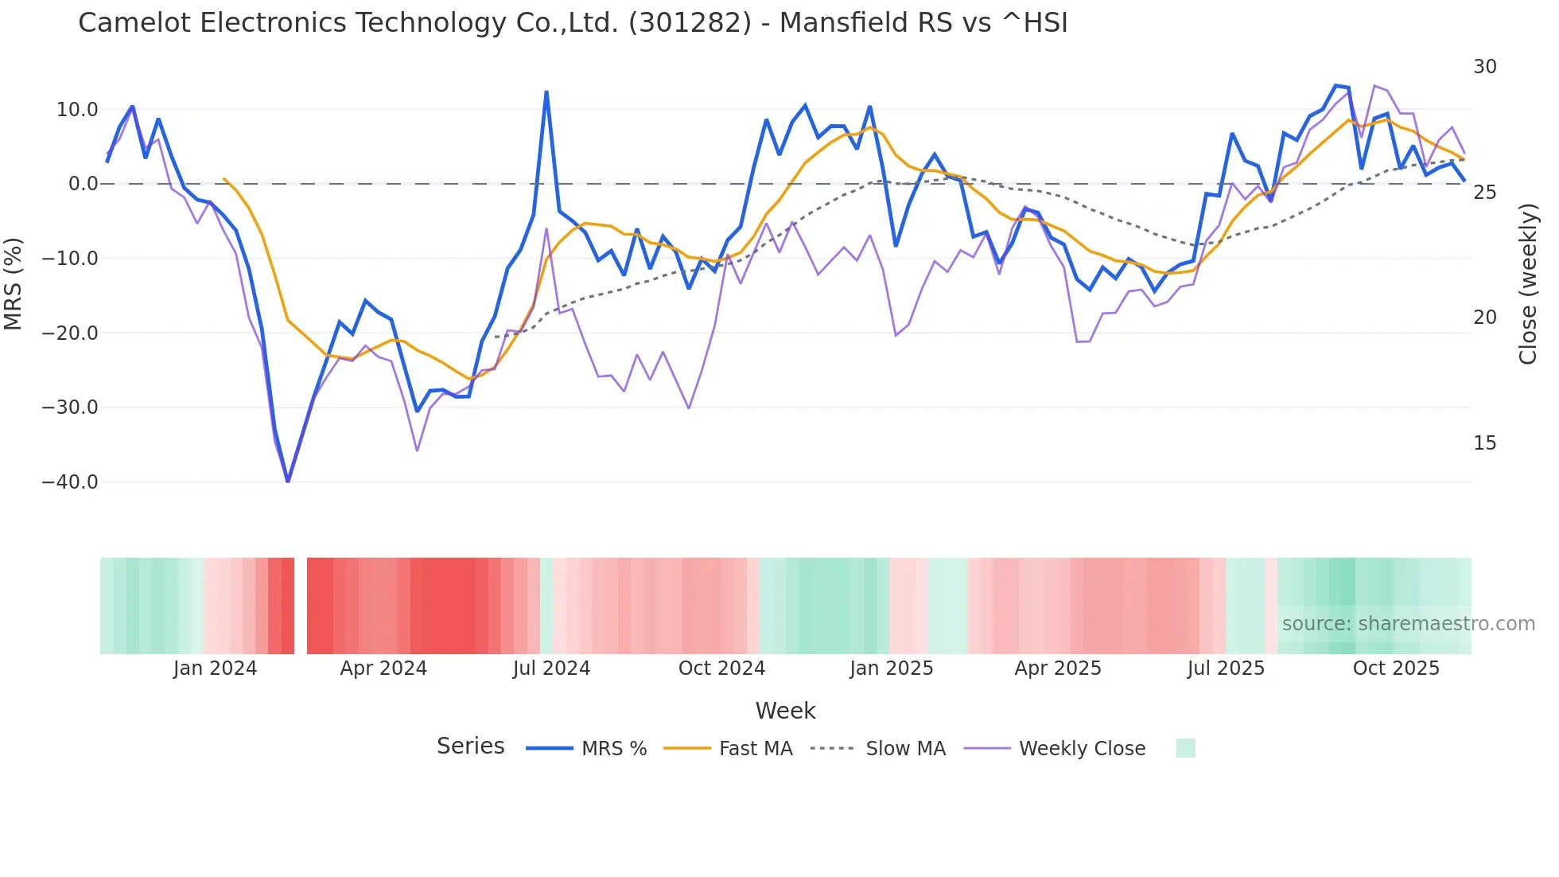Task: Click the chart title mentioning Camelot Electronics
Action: coord(573,23)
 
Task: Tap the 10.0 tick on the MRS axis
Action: coord(77,110)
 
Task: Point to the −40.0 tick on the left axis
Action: coord(70,482)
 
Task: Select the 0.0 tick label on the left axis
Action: coord(83,184)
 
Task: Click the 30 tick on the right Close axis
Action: coord(1485,67)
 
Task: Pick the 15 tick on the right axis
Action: coord(1485,443)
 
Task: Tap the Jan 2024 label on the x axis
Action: coord(215,668)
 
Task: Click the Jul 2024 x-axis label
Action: coord(551,668)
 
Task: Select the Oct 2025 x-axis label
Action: coord(1396,668)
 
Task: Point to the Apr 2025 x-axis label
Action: coord(1058,668)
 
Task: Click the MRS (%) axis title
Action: coord(14,283)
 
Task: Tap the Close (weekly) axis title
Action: coord(1528,284)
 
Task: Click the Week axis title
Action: coord(785,711)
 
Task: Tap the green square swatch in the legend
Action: coord(1185,748)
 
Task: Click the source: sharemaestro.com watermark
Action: coord(1408,624)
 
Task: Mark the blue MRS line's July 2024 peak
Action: coord(546,92)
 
